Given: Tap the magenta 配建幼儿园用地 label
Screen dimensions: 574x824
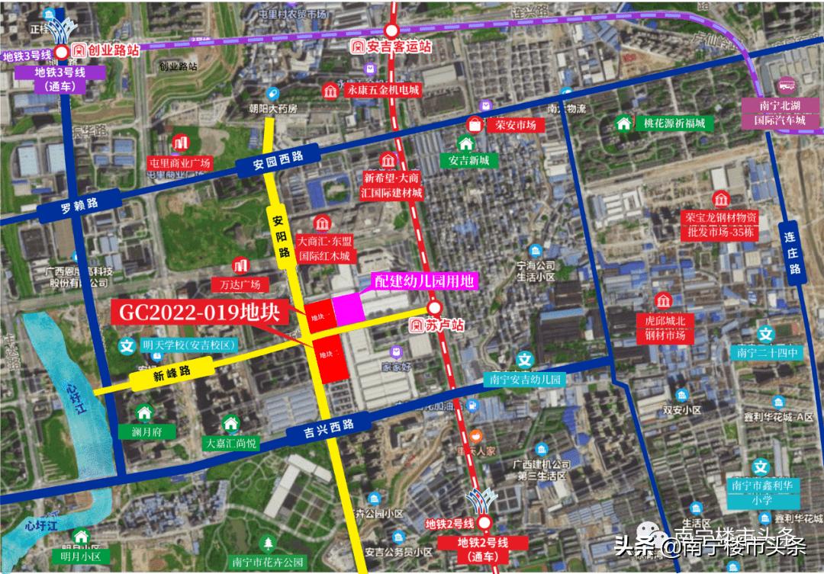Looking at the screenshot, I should click(x=424, y=281).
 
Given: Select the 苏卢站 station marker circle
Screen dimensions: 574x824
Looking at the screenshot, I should click(x=434, y=308).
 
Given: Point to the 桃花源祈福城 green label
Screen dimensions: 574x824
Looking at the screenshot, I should click(x=672, y=123).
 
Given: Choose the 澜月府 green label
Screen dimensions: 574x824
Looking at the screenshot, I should click(x=143, y=431).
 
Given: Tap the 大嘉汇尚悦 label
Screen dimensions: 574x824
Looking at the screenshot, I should click(x=230, y=442).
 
